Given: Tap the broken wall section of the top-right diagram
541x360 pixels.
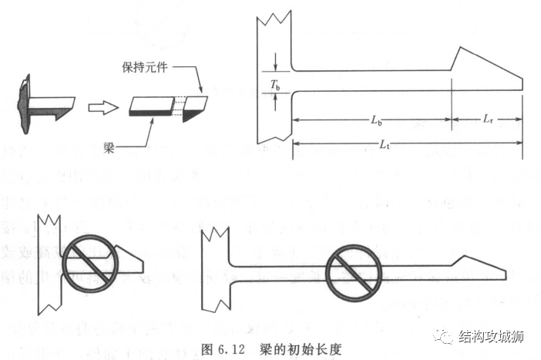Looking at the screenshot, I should pos(273,77).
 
